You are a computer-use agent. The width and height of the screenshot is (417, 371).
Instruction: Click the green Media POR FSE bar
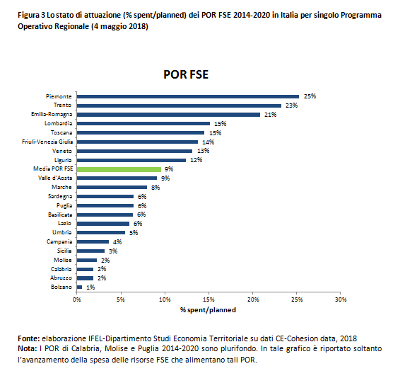(x=119, y=169)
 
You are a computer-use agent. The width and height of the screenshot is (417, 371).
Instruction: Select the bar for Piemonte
(x=188, y=97)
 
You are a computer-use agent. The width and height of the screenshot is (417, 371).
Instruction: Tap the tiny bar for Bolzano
(x=79, y=287)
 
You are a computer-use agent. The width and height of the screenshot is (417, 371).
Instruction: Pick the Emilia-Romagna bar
(x=168, y=115)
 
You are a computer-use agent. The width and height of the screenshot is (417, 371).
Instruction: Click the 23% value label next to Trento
(x=291, y=105)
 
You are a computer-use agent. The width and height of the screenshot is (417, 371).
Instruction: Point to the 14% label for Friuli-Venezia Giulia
(x=208, y=142)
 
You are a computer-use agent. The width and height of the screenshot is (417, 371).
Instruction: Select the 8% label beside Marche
(x=155, y=188)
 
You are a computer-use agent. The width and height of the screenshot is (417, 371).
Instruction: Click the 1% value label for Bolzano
(x=90, y=287)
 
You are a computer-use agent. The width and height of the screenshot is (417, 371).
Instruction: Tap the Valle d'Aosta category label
(x=55, y=178)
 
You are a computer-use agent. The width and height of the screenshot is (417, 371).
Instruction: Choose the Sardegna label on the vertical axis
(x=60, y=197)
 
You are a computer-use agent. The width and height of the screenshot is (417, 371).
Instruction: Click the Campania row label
(x=59, y=242)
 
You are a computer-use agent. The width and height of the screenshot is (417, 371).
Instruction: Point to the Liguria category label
(x=63, y=160)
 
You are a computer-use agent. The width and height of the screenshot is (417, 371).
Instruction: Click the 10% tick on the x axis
(x=165, y=299)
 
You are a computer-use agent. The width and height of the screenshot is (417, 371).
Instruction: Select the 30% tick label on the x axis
(x=341, y=299)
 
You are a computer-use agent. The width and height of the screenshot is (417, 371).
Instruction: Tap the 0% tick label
(x=76, y=299)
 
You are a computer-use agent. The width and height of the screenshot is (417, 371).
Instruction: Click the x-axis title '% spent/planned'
(x=208, y=310)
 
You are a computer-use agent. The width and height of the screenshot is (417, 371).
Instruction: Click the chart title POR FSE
(x=186, y=74)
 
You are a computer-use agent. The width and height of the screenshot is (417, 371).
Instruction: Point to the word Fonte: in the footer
(x=29, y=338)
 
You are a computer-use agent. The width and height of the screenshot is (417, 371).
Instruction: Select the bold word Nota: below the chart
(x=28, y=348)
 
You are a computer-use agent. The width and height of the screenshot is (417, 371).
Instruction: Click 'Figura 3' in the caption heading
(x=32, y=15)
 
